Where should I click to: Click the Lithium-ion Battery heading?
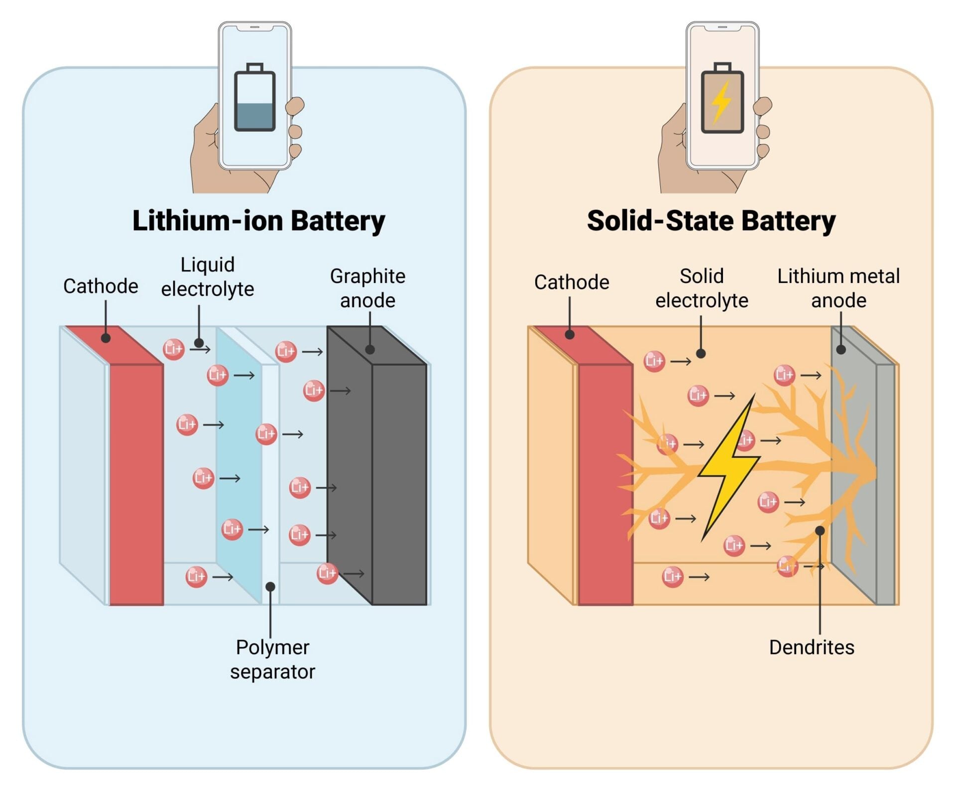(258, 221)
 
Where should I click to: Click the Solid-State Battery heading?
(711, 221)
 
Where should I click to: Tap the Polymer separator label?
(272, 659)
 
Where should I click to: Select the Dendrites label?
(811, 647)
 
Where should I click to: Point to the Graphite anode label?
(367, 288)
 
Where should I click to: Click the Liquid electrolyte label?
(207, 276)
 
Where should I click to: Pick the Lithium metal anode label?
(838, 288)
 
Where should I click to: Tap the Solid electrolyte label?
(701, 288)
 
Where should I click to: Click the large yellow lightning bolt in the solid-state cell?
(728, 468)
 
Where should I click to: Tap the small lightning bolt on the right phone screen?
(721, 102)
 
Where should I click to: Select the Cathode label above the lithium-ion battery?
(101, 286)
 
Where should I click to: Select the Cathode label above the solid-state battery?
(571, 282)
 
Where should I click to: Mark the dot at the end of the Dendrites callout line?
(820, 530)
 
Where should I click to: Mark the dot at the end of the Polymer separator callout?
(270, 587)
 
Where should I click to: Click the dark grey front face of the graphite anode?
(399, 483)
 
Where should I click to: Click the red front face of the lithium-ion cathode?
(136, 483)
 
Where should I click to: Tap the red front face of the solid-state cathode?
(605, 483)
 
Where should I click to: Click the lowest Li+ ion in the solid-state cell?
(672, 576)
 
